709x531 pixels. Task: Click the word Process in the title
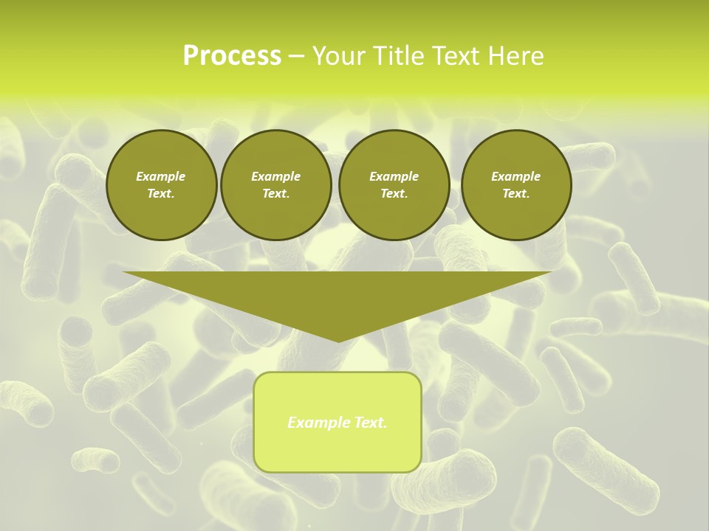pyautogui.click(x=232, y=56)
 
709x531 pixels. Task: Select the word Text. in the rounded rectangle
pyautogui.click(x=369, y=423)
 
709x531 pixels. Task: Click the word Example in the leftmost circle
pyautogui.click(x=161, y=176)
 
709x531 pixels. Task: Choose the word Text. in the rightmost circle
pyautogui.click(x=516, y=193)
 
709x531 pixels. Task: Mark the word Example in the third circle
pyautogui.click(x=394, y=176)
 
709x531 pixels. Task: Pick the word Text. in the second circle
pyautogui.click(x=276, y=193)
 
